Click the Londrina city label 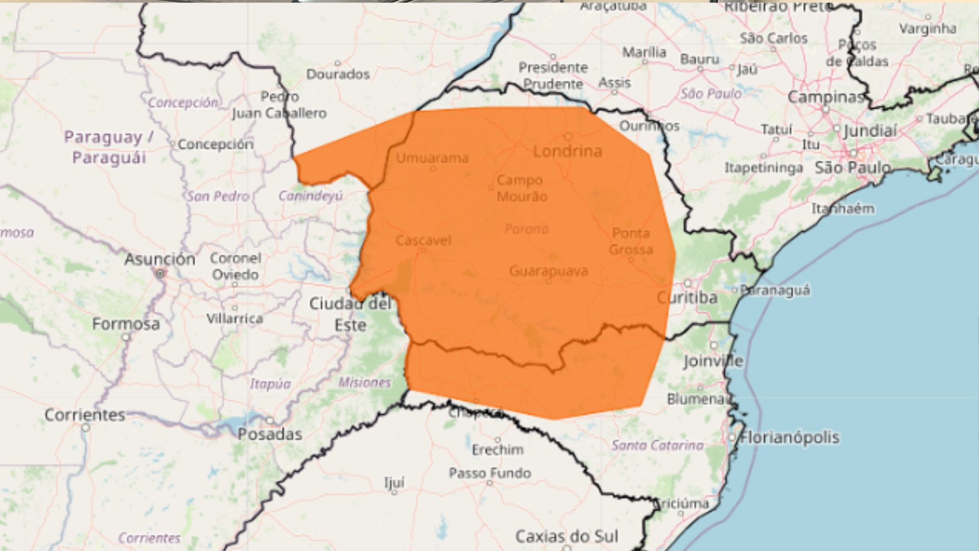(568, 151)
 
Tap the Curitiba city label (687, 297)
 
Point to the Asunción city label (160, 259)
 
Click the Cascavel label (423, 240)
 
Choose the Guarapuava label (549, 270)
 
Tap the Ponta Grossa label (631, 241)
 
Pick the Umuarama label (432, 158)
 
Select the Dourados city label (338, 74)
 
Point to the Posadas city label (270, 434)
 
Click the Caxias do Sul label (566, 536)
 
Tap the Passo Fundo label (490, 473)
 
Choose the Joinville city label (713, 361)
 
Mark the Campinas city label (826, 96)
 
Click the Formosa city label (126, 324)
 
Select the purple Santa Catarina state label (657, 445)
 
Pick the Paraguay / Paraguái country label (109, 147)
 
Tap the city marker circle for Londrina (568, 137)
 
